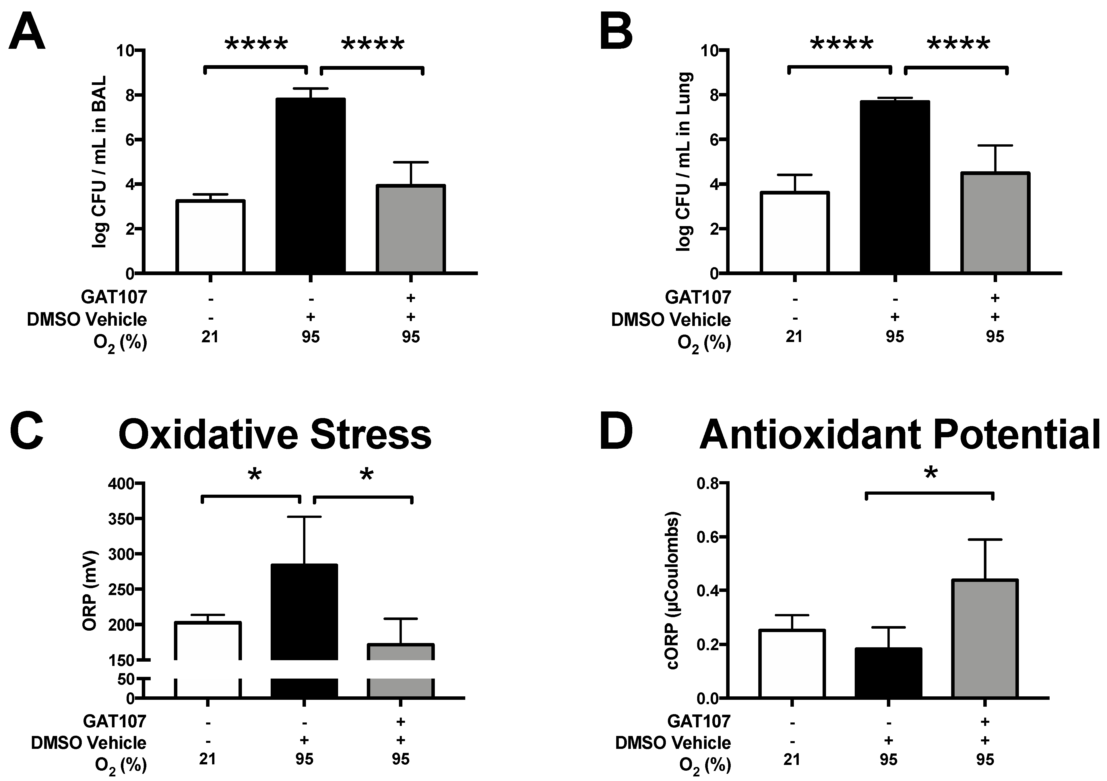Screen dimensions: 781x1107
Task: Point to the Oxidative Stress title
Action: click(x=275, y=435)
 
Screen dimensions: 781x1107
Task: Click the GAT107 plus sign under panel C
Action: click(x=400, y=721)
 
